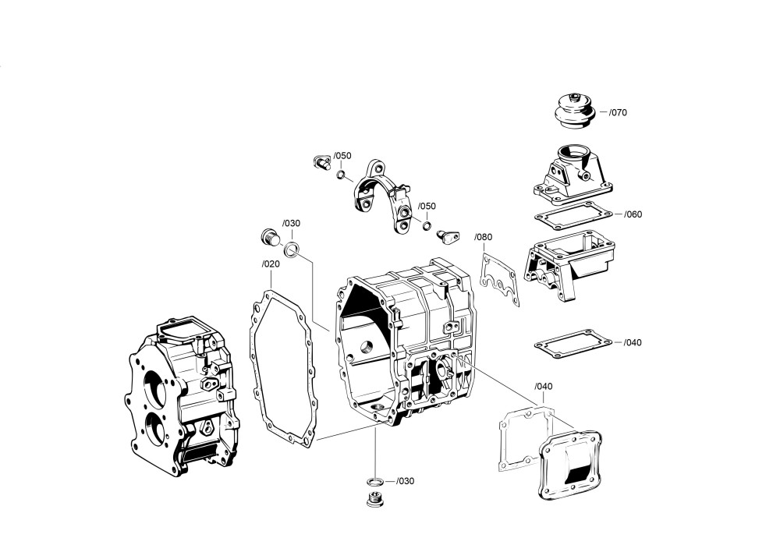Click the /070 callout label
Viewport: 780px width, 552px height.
coord(618,112)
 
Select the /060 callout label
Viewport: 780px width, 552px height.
coord(633,214)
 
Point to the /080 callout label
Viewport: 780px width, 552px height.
coord(484,237)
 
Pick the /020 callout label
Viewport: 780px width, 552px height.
coord(271,264)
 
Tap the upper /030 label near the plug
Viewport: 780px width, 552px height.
coord(291,223)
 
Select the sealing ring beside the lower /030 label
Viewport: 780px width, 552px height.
coord(375,480)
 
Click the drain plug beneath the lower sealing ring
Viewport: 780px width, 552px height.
coord(374,499)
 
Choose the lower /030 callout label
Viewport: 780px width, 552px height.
coord(405,481)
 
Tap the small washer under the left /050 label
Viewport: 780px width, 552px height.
coord(342,174)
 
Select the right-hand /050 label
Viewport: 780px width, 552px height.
coord(427,207)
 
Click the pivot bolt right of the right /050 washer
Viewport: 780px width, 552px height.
coord(448,233)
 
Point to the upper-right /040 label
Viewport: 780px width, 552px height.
coord(633,342)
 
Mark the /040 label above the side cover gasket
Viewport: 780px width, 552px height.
coord(544,387)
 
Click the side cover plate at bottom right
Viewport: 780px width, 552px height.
coord(572,464)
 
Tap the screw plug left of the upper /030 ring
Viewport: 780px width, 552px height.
coord(269,238)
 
